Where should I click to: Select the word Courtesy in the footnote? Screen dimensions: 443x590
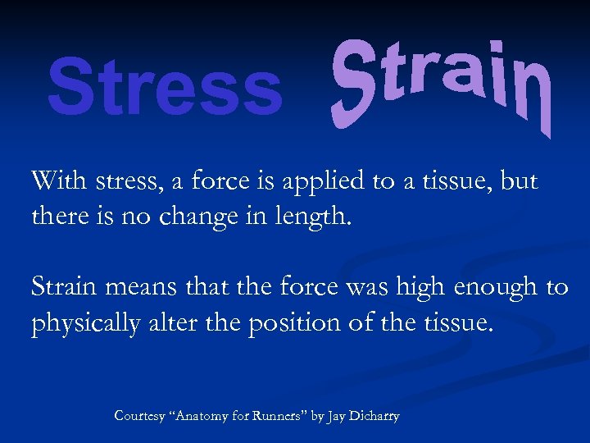[x=139, y=417]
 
